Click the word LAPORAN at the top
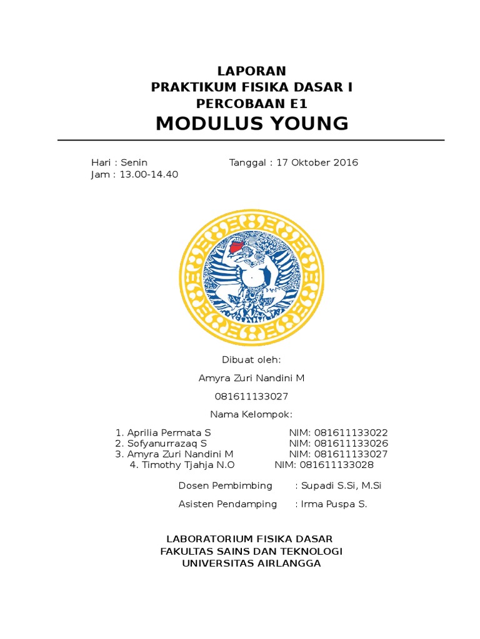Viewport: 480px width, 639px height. coord(252,71)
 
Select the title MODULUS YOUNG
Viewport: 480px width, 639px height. coord(252,124)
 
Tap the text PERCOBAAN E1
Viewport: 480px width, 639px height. coord(252,104)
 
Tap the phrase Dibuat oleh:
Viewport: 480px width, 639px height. coord(252,360)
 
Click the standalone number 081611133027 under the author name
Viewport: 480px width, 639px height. coord(252,396)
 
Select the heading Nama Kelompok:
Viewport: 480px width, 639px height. coord(252,414)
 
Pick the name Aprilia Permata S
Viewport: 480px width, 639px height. coord(169,432)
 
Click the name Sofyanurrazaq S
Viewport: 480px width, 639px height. coord(167,444)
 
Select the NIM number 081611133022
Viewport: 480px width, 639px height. coord(351,432)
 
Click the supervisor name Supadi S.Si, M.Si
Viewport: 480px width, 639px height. coord(341,485)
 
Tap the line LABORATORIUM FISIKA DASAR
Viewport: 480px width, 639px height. coord(249,539)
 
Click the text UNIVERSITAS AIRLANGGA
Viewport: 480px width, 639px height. coord(251,563)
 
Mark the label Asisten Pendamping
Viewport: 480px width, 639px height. coord(227,504)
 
